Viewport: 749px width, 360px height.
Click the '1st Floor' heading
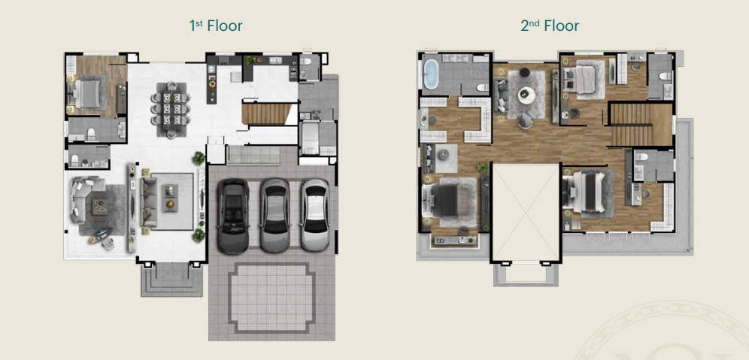(216, 26)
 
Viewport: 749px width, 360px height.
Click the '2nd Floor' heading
(549, 26)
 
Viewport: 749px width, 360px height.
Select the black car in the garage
(233, 216)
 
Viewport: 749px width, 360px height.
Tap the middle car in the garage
(274, 215)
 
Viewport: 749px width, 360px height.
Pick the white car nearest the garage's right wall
(315, 215)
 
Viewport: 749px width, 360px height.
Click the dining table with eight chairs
(171, 110)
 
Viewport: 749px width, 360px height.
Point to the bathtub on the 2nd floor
(432, 74)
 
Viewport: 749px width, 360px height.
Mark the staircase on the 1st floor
(266, 114)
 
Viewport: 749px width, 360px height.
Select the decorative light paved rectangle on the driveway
(271, 297)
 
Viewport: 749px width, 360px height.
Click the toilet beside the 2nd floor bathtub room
(482, 87)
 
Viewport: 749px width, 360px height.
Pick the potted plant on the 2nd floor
(483, 168)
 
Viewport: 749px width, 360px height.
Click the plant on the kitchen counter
(250, 61)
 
